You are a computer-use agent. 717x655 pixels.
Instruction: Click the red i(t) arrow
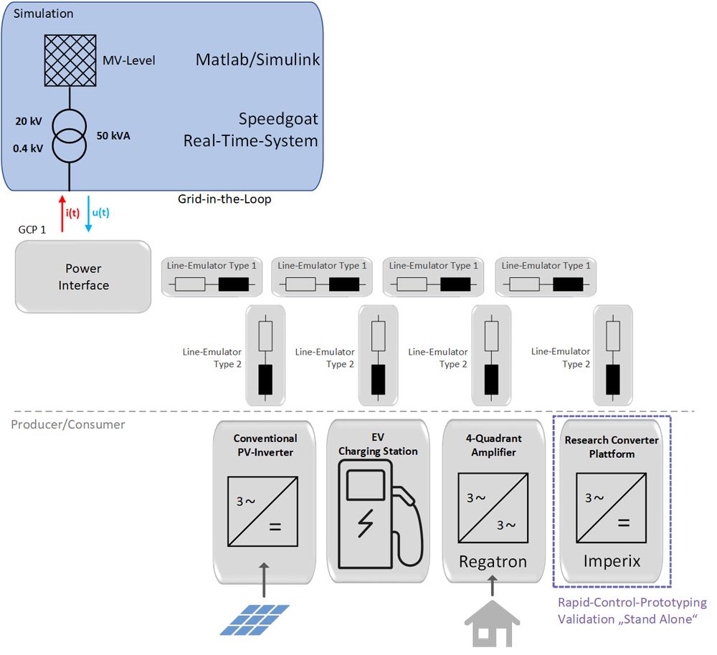(62, 213)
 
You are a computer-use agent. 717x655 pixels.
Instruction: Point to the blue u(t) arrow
(88, 213)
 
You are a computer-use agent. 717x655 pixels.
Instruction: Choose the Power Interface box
(83, 277)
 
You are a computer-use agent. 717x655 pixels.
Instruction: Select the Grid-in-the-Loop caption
(224, 199)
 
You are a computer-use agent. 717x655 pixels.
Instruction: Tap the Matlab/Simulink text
(257, 59)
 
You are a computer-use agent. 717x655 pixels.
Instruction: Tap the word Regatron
(493, 562)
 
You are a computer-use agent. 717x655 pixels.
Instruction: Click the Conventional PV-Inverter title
(265, 444)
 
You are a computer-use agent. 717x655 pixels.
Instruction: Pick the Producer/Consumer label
(68, 425)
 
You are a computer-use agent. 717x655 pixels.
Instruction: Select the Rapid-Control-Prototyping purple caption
(632, 611)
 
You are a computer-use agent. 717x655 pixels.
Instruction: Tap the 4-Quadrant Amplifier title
(493, 445)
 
